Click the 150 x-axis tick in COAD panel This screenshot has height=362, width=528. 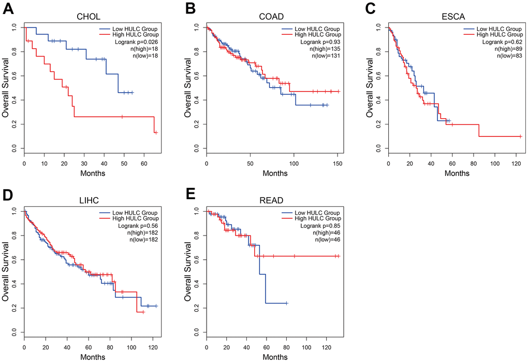337,164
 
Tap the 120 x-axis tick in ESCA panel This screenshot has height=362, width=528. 517,164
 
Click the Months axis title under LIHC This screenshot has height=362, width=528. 89,357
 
